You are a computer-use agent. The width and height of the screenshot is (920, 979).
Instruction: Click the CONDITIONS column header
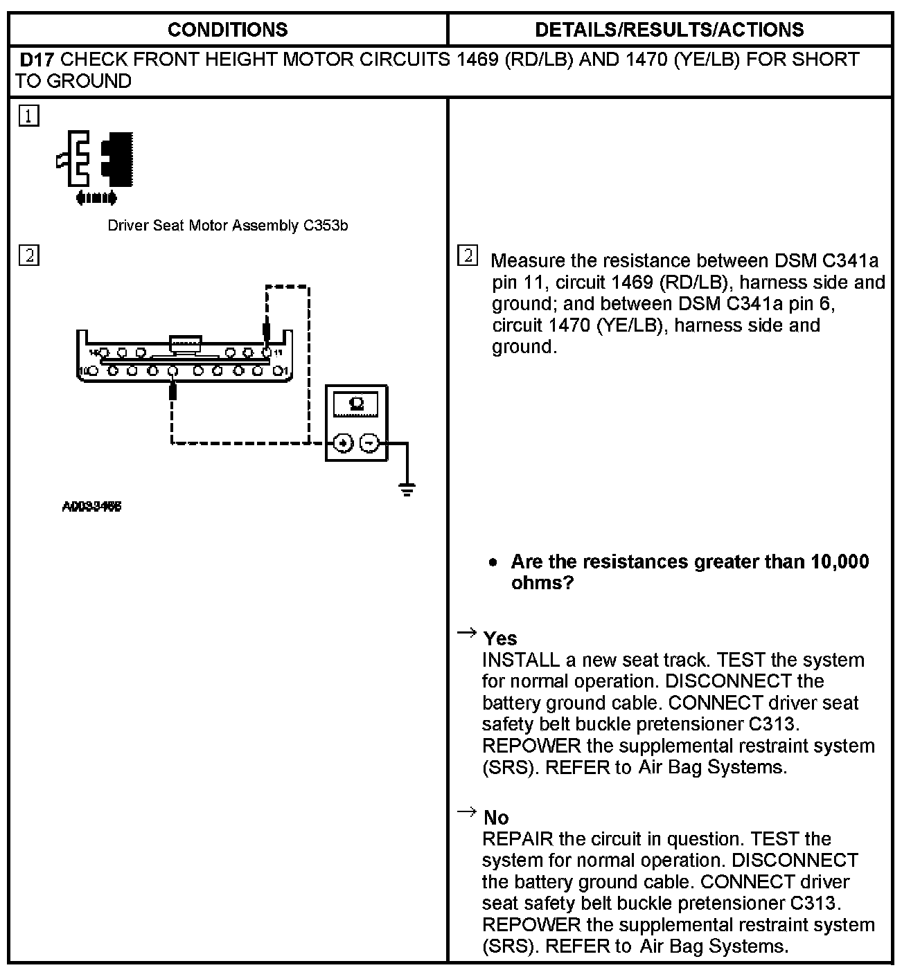coord(227,30)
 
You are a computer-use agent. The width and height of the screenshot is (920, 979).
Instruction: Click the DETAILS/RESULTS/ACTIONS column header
coord(669,30)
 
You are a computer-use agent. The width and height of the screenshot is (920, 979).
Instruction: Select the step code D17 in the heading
coord(37,60)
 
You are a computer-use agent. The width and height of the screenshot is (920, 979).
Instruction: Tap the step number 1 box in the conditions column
coord(29,116)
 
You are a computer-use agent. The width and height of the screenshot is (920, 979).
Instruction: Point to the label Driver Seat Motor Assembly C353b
coord(227,226)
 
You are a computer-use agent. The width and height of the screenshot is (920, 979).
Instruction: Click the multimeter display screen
coord(357,404)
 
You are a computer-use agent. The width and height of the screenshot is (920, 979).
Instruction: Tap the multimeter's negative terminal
coord(370,442)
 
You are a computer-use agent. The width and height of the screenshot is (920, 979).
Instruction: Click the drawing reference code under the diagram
coord(92,507)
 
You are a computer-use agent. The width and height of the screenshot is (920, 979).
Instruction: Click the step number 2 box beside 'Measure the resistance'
coord(468,256)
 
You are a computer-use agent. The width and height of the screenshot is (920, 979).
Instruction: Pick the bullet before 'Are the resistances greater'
coord(493,563)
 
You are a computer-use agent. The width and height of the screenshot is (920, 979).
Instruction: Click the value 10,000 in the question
coord(839,562)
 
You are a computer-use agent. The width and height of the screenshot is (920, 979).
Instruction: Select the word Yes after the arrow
coord(500,638)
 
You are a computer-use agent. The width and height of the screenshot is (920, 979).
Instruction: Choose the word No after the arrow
coord(496,818)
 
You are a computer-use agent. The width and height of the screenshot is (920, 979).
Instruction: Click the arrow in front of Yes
coord(467,632)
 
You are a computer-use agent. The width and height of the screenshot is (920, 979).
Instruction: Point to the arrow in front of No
coord(467,811)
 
